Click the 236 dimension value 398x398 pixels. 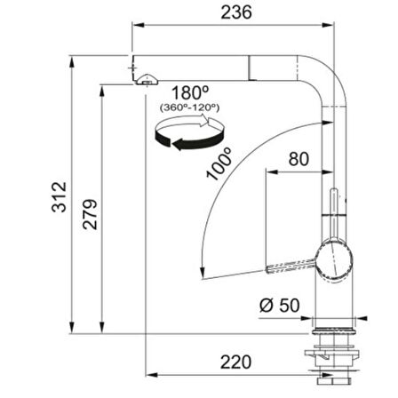(236, 12)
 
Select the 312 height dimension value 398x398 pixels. (60, 197)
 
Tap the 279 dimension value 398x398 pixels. (90, 214)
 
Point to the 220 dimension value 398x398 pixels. (235, 362)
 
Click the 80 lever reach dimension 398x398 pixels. (298, 159)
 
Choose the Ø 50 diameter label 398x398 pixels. (280, 306)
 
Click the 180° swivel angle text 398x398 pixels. (190, 92)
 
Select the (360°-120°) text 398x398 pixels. (190, 107)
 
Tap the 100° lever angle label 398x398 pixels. (219, 163)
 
